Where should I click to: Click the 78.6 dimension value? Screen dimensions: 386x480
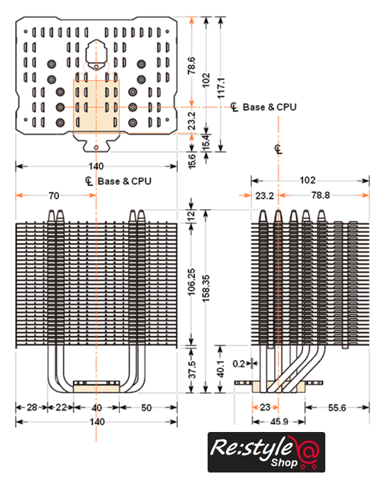pyautogui.click(x=191, y=65)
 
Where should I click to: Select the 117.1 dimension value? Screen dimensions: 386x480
pyautogui.click(x=221, y=88)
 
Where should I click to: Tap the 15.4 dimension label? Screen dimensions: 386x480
pyautogui.click(x=206, y=142)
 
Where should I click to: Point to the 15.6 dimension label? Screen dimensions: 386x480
pyautogui.click(x=192, y=161)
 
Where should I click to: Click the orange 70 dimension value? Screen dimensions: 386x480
pyautogui.click(x=54, y=196)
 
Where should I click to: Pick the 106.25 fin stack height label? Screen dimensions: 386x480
pyautogui.click(x=191, y=282)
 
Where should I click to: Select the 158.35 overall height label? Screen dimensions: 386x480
pyautogui.click(x=206, y=288)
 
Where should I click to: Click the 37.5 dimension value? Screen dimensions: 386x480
pyautogui.click(x=192, y=369)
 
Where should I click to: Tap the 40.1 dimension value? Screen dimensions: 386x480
pyautogui.click(x=220, y=368)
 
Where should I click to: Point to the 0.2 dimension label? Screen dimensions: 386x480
pyautogui.click(x=238, y=364)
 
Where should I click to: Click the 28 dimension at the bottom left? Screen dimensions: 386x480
pyautogui.click(x=31, y=407)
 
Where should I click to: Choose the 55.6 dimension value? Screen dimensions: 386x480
pyautogui.click(x=337, y=408)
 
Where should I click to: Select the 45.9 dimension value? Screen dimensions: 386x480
pyautogui.click(x=279, y=421)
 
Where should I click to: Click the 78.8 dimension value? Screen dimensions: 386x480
pyautogui.click(x=321, y=195)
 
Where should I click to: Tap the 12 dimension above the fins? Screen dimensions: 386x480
pyautogui.click(x=191, y=216)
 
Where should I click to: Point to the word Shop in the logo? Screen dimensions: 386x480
pyautogui.click(x=284, y=462)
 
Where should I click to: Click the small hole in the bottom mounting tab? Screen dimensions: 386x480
pyautogui.click(x=96, y=148)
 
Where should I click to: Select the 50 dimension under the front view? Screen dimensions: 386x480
pyautogui.click(x=146, y=408)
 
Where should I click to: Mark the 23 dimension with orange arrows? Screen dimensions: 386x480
pyautogui.click(x=265, y=407)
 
